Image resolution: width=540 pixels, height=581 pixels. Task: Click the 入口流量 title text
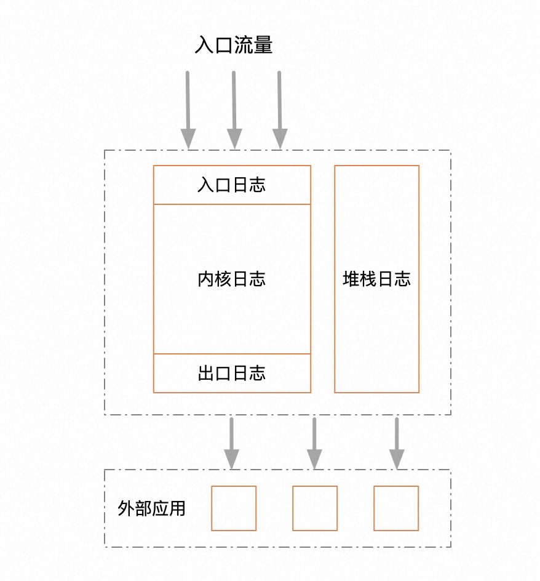234,45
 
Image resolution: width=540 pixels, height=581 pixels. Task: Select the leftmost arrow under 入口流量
188,110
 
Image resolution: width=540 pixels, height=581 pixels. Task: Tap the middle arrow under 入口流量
234,110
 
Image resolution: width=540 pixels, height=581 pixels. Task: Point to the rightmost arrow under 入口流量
280,110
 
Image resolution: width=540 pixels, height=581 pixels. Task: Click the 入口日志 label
232,185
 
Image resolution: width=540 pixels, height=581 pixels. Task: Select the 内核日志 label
232,279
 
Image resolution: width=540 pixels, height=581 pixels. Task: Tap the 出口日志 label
232,373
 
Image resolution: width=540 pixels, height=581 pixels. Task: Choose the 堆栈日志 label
376,279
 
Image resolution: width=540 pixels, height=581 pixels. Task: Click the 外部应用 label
151,508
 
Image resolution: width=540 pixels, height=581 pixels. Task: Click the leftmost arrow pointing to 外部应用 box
231,444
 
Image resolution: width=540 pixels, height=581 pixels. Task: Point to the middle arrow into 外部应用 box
314,444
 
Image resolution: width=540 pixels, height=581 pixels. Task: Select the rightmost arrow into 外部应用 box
397,444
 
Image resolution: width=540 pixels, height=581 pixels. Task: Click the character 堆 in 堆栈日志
351,279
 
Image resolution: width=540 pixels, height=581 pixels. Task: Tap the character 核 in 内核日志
223,279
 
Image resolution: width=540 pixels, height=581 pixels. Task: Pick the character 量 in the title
264,45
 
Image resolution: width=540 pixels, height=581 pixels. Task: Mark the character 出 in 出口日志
206,373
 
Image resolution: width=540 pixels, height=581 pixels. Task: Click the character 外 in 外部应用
126,508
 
